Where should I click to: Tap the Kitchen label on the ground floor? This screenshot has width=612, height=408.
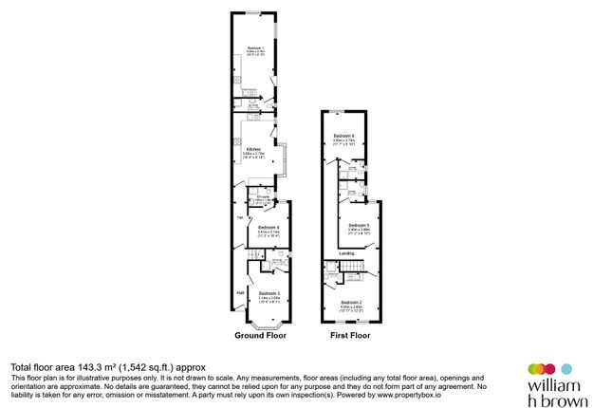(x=253, y=150)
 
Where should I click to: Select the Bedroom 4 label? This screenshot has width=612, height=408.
(x=269, y=227)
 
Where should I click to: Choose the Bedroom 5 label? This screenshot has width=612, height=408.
(x=359, y=225)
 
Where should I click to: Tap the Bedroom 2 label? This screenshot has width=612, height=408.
(x=353, y=302)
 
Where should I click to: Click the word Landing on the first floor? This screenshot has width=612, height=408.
(x=346, y=253)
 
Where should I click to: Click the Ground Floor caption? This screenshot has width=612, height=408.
(x=260, y=336)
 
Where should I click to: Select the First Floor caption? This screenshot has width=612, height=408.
(x=350, y=336)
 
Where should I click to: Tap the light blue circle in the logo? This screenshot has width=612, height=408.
(x=567, y=368)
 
